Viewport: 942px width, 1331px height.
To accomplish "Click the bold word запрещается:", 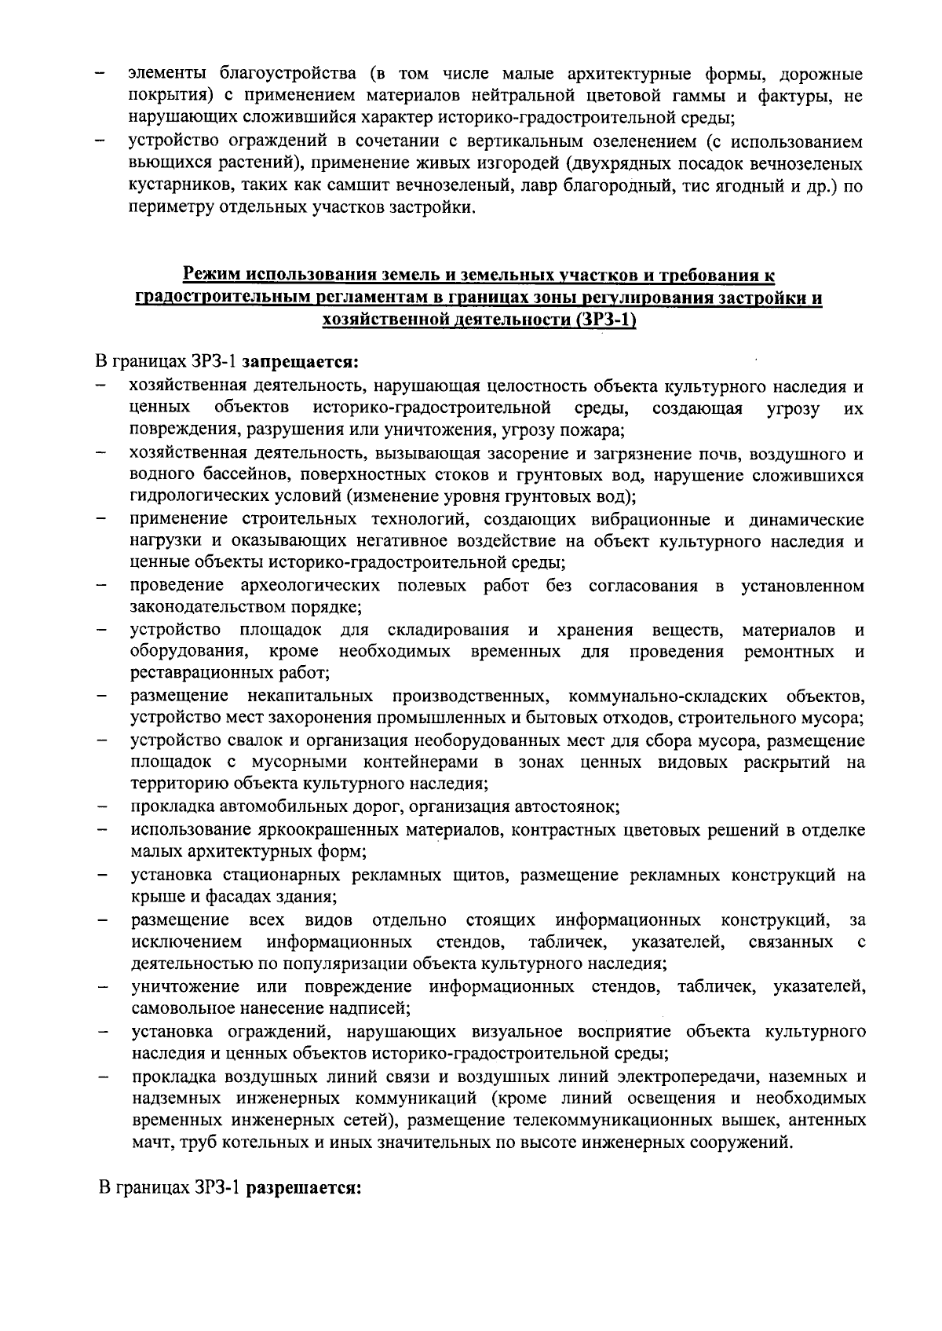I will (x=301, y=363).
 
